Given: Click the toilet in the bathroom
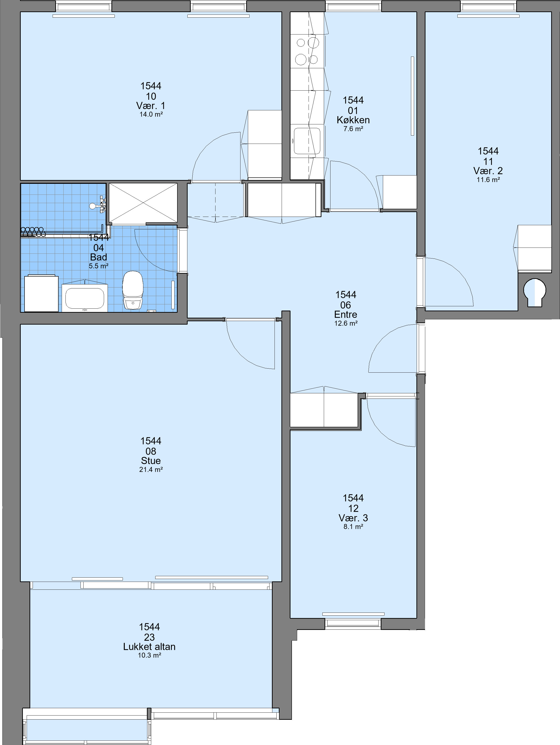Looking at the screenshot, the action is tap(133, 290).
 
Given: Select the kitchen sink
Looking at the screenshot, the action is tap(307, 141).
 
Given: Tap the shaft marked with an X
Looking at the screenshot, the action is tap(143, 203).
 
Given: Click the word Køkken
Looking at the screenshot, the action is tap(353, 120).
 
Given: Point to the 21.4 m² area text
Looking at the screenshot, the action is tap(151, 469).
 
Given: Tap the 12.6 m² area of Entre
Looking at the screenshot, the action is tap(345, 323).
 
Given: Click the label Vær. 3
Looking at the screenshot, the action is tap(353, 518).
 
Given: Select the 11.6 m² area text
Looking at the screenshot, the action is tap(488, 180).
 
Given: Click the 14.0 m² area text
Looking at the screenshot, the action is tap(151, 115).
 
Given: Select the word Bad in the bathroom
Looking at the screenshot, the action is tap(98, 257).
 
